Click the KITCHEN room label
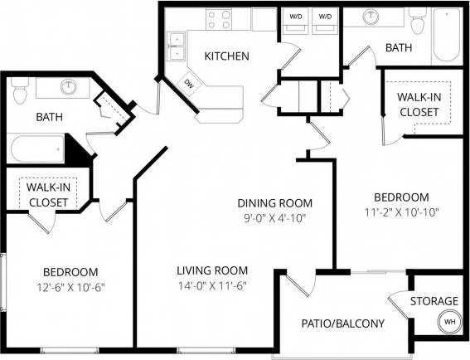click(x=227, y=56)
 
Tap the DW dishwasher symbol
click(x=189, y=83)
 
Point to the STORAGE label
click(x=434, y=300)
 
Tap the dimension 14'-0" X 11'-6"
click(x=212, y=285)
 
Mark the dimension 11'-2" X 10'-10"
click(x=401, y=212)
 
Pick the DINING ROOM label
click(x=274, y=203)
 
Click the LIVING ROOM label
click(x=212, y=270)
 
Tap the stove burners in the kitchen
click(x=219, y=19)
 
